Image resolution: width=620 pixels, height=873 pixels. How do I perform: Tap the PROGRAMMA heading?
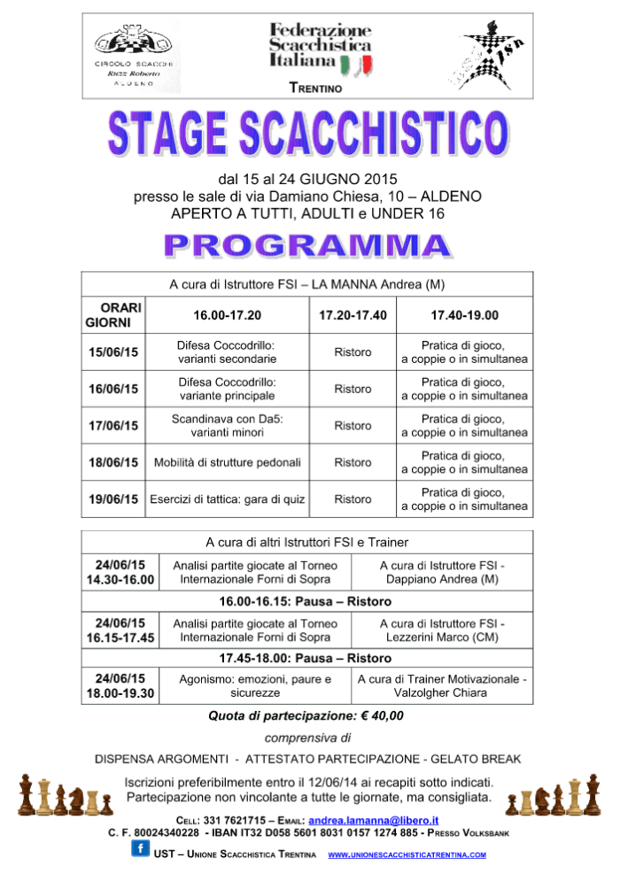310,246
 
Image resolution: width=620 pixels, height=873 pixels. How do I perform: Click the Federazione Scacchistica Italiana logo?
321,49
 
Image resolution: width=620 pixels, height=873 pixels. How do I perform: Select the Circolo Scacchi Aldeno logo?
136,53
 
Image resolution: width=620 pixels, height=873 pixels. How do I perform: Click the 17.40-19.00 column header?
464,314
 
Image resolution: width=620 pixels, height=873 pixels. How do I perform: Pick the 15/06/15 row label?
113,352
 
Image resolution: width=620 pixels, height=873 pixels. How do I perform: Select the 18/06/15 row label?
113,462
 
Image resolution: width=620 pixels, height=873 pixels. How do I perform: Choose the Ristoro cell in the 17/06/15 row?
353,426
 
